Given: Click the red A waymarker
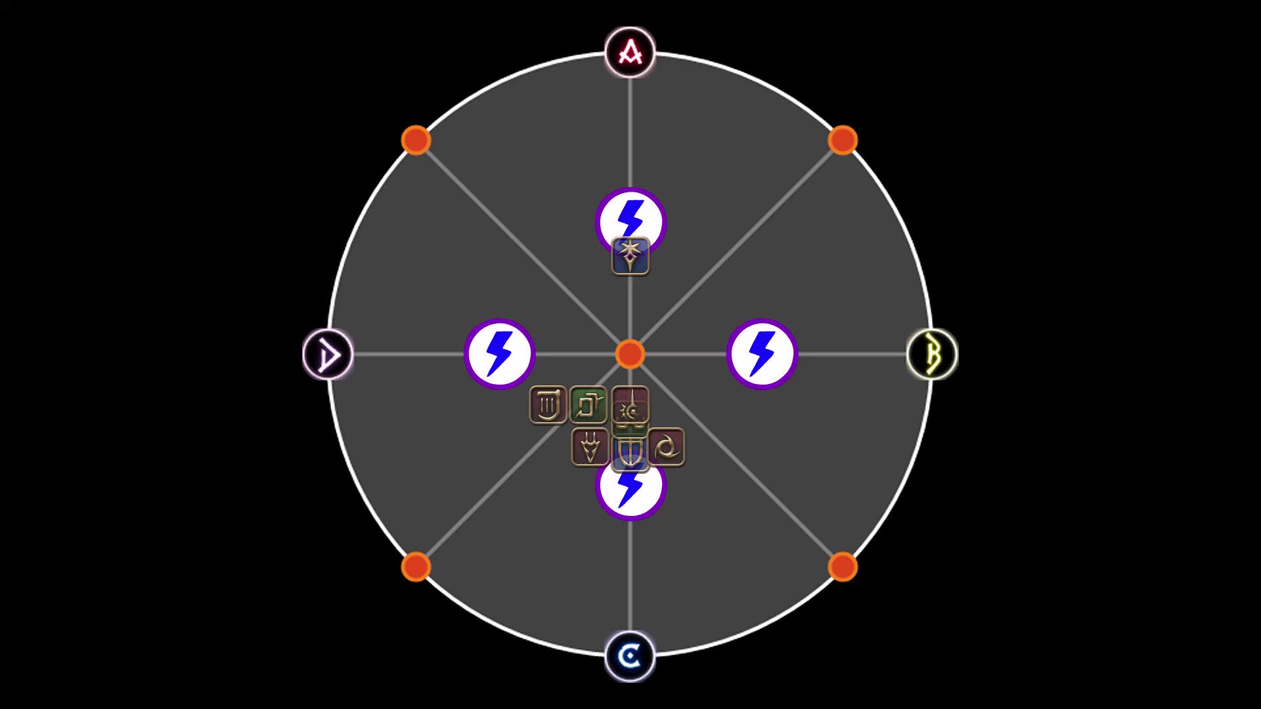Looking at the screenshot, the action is pos(630,53).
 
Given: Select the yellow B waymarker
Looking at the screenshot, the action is pos(932,354).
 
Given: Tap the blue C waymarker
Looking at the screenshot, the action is pos(630,656).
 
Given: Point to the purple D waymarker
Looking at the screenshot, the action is pos(328,354).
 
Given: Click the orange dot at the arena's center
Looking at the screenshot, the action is pos(630,354).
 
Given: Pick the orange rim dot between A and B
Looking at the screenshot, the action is pos(843,140).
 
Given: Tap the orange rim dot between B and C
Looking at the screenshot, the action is pos(843,567).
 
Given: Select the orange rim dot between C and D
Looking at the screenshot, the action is pos(416,567).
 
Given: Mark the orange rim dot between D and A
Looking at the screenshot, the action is pos(416,140).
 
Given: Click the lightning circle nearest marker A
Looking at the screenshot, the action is pos(630,217).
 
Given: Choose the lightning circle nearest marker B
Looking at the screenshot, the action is pos(762,354).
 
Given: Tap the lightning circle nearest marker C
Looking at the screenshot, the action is pos(630,492).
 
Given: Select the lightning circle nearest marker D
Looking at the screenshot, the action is pos(499,354).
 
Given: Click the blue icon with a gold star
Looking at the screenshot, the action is pos(630,256).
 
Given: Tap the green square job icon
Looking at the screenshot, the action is pos(588,405).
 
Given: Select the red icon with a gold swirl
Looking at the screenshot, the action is pos(667,448).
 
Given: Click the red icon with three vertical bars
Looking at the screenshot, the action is pos(548,405).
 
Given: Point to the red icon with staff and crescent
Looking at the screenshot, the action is pos(630,405).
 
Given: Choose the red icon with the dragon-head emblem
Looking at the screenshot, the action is pos(590,448).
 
